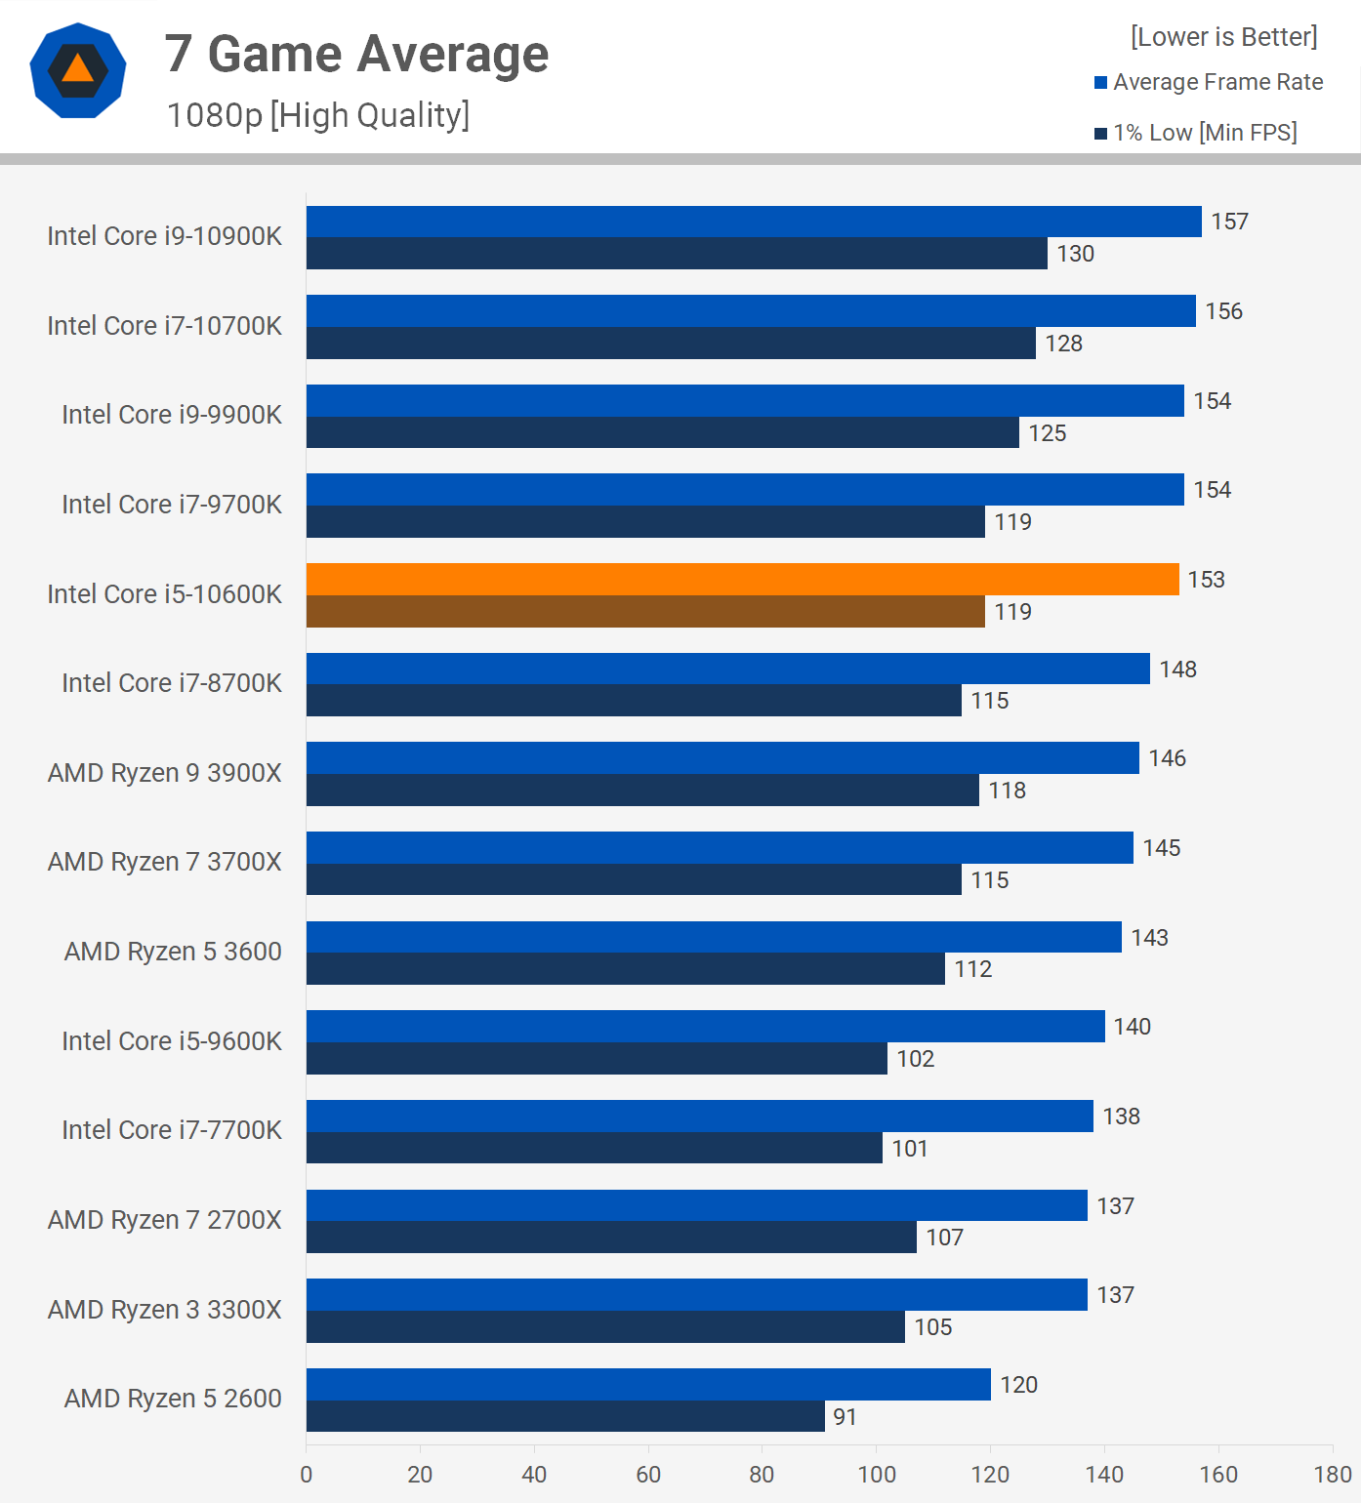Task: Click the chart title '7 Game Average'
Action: [356, 54]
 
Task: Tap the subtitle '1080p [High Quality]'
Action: [318, 115]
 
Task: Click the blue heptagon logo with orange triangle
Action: [78, 70]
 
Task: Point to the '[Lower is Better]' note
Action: [1223, 37]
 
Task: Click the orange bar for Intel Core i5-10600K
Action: [742, 580]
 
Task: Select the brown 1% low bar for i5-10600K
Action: [645, 612]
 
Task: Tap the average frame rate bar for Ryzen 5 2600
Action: [648, 1384]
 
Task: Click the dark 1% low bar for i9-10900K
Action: [677, 254]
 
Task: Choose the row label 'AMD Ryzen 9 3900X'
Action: [164, 773]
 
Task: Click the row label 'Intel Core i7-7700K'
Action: [171, 1130]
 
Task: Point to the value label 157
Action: [1229, 222]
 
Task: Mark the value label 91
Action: [845, 1417]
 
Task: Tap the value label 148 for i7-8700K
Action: [1177, 670]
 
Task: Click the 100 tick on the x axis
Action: [876, 1475]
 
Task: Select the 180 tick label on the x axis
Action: [1333, 1475]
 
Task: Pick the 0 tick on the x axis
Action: [307, 1475]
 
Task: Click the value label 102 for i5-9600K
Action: [915, 1059]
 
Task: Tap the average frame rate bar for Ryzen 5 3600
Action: [714, 937]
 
